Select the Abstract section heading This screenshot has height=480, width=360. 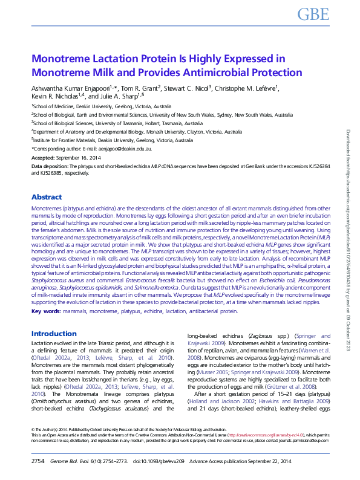pos(46,197)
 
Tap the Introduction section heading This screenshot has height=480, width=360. pos(54,334)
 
